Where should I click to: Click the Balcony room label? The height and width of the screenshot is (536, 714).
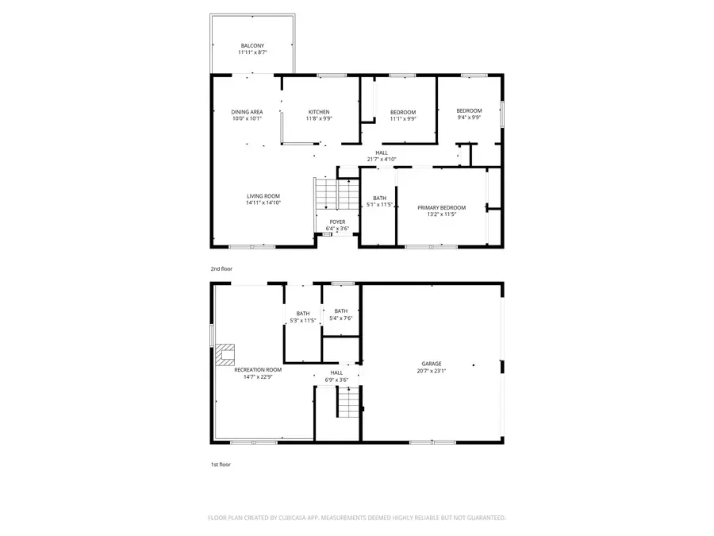coord(253,46)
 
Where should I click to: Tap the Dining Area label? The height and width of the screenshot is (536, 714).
coord(247,112)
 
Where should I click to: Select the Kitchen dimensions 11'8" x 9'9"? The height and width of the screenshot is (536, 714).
coord(318,119)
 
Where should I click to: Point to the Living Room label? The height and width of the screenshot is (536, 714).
coord(263,196)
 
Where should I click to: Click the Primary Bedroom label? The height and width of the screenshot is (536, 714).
coord(441,207)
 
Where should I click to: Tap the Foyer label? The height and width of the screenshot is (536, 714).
coord(337,222)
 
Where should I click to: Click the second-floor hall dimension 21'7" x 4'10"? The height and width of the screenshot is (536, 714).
coord(382,159)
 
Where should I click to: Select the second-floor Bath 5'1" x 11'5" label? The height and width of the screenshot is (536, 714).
coord(380,199)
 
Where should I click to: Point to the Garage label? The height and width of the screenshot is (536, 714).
coord(432,364)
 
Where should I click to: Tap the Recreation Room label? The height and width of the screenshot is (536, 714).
coord(258,369)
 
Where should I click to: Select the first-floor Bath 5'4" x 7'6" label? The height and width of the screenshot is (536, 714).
coord(340,311)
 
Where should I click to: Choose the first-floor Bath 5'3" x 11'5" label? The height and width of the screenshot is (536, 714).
coord(302,314)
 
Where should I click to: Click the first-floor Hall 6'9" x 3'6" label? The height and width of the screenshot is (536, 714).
coord(336,372)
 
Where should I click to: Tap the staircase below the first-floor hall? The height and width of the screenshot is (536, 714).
coord(347,403)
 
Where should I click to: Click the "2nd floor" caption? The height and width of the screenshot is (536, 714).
coord(221,269)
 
